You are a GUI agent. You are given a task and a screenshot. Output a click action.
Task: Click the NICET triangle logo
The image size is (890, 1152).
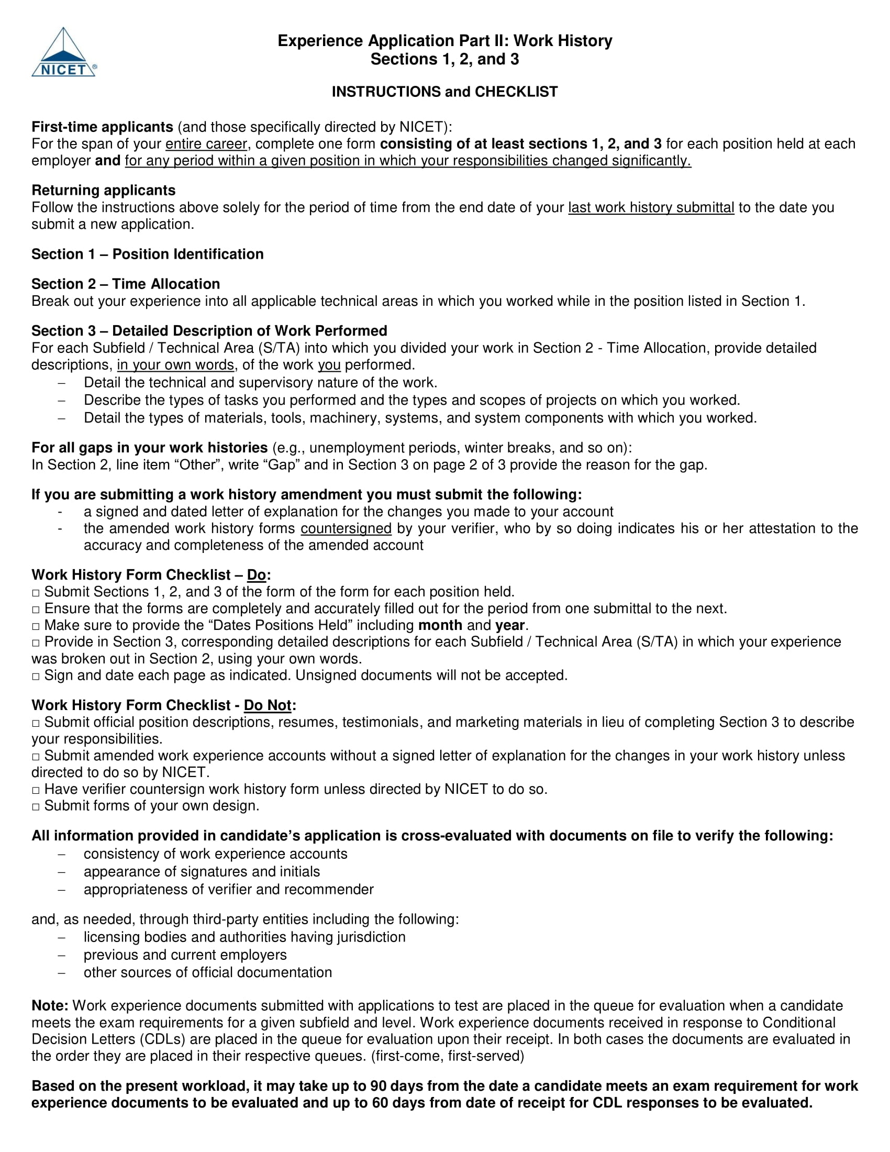(64, 52)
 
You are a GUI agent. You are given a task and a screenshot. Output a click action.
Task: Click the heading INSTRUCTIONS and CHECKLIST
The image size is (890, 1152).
(444, 92)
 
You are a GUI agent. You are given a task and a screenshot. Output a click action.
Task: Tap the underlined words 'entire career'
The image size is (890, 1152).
(206, 144)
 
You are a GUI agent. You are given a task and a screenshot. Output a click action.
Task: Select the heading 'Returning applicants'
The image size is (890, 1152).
(103, 191)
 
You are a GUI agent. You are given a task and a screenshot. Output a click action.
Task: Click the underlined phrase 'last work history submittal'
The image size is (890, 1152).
(651, 207)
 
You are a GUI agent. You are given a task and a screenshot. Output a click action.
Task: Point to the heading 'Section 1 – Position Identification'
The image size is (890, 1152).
(147, 254)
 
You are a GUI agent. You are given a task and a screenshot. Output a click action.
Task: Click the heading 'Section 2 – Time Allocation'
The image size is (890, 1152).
(126, 284)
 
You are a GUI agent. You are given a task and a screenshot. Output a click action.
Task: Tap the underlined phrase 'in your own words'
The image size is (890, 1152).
(175, 365)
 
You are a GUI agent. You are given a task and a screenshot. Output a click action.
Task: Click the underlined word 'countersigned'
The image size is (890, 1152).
(346, 528)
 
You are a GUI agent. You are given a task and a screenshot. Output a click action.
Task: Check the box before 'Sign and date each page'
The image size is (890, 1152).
(36, 676)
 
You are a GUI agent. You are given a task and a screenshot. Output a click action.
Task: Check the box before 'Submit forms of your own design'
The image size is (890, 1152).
(36, 806)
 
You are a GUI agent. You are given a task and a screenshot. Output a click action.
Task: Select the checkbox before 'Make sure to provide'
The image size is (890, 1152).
(36, 626)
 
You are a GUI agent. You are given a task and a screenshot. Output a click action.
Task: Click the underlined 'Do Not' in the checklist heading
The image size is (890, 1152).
(268, 705)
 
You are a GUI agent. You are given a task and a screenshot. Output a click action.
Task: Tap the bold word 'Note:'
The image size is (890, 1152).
(50, 1005)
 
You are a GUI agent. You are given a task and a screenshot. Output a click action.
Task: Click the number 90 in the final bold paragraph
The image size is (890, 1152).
(378, 1086)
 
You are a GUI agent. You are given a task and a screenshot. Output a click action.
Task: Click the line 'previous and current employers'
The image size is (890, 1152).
(185, 955)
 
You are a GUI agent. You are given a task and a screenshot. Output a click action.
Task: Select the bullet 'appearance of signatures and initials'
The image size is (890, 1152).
(202, 871)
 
